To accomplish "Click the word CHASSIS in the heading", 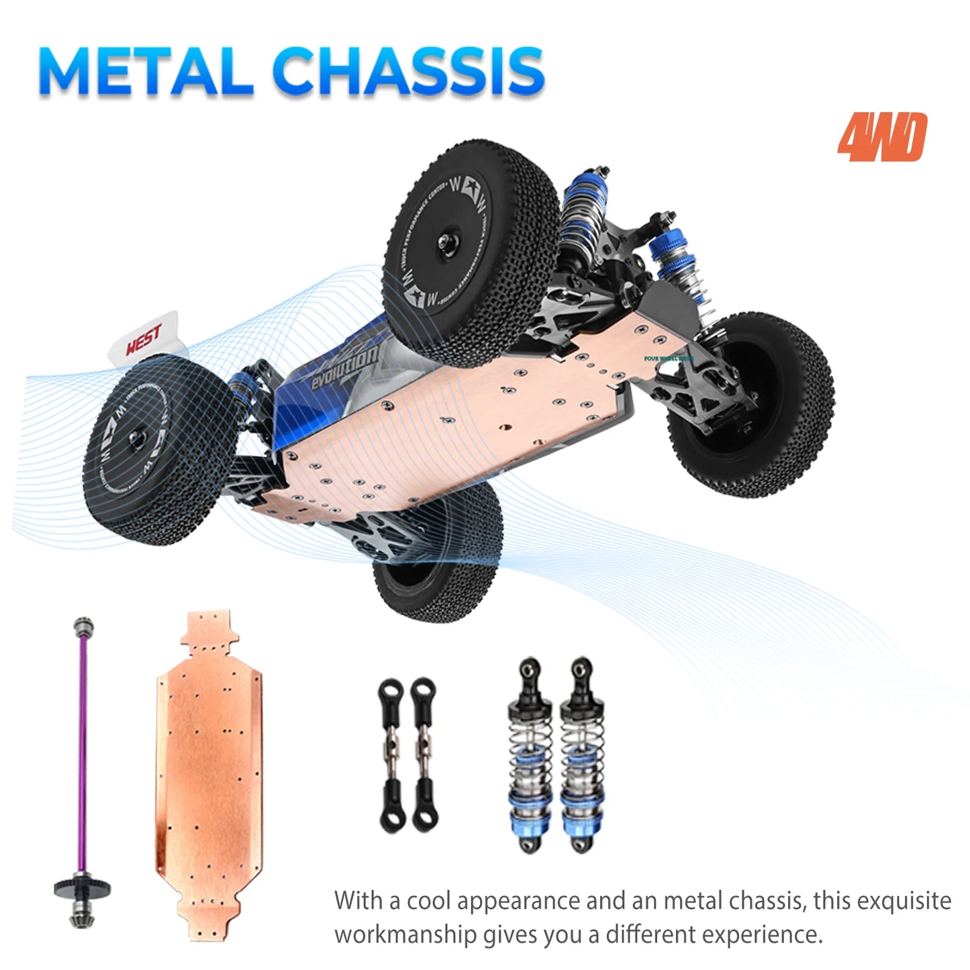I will [408, 72].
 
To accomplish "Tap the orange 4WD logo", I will [881, 138].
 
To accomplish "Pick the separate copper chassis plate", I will [209, 772].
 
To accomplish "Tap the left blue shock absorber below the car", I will [530, 755].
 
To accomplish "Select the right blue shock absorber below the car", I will [581, 755].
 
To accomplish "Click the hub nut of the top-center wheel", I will [444, 242].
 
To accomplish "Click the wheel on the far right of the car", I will [752, 403].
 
